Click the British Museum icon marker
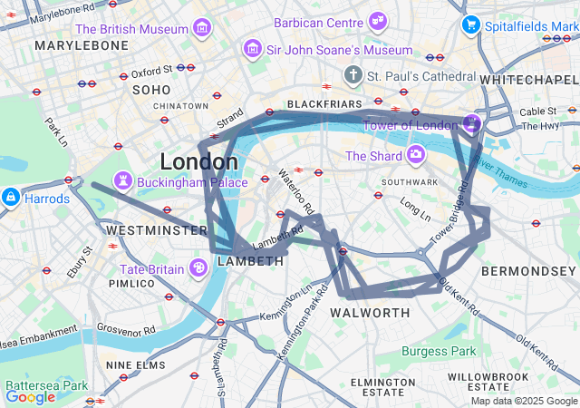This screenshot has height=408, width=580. (x=203, y=28)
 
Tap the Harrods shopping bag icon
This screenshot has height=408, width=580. (x=11, y=197)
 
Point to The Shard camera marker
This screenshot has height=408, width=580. (x=415, y=154)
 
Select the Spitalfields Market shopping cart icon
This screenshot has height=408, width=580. (x=469, y=24)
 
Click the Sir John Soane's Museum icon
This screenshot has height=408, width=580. (x=253, y=49)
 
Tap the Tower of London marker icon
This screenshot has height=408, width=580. (x=471, y=123)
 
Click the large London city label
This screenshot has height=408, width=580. (x=199, y=161)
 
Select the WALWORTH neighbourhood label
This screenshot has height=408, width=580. (x=370, y=313)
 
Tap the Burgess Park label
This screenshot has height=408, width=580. (x=439, y=351)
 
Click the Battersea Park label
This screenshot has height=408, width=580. (x=38, y=384)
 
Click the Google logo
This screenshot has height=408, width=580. (x=30, y=396)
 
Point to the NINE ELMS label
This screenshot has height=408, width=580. (x=135, y=364)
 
